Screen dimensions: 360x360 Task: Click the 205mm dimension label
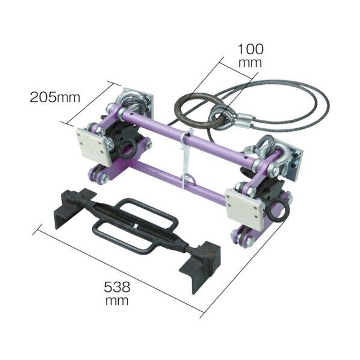click(x=55, y=98)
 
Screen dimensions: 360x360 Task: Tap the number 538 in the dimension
click(x=117, y=287)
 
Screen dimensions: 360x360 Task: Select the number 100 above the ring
click(x=250, y=49)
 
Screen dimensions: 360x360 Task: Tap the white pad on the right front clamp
click(x=244, y=208)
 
